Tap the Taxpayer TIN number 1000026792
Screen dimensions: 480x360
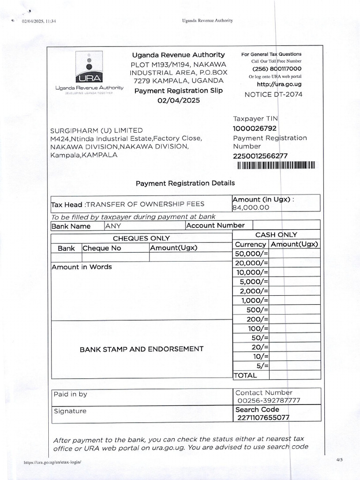tap(255, 128)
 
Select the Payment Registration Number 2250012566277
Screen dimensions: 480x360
tap(260, 156)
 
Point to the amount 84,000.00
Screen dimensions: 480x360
tap(251, 207)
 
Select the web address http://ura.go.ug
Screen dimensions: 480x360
tap(279, 84)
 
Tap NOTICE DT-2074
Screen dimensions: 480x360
tap(273, 94)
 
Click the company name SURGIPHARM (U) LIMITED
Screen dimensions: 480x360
tap(97, 130)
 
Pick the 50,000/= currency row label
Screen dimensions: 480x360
tap(251, 254)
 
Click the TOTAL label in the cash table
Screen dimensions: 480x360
tap(245, 375)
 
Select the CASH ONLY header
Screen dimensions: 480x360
tap(276, 235)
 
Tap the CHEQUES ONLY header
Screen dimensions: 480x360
tap(141, 239)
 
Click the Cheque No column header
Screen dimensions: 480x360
tap(102, 248)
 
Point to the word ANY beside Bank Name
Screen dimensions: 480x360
tap(113, 226)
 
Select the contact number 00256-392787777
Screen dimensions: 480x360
tap(269, 401)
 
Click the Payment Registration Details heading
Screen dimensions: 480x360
tap(185, 183)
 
